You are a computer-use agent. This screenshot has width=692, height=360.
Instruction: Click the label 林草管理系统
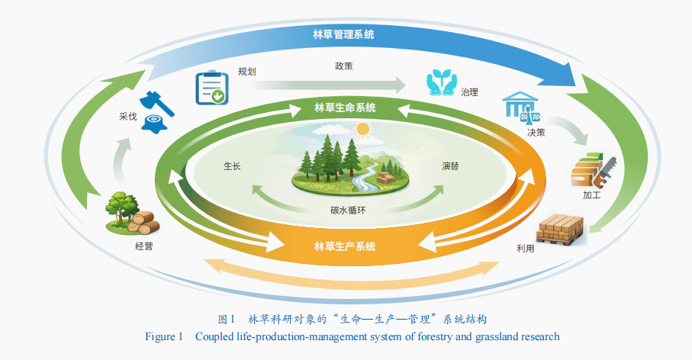pyautogui.click(x=344, y=34)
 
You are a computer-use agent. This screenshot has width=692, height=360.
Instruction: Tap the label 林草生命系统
pyautogui.click(x=345, y=108)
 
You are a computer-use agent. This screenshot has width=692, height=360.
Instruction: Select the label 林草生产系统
pyautogui.click(x=345, y=246)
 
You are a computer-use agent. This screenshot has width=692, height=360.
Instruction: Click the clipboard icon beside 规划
pyautogui.click(x=212, y=88)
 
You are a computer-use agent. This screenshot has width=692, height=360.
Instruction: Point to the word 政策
pyautogui.click(x=344, y=66)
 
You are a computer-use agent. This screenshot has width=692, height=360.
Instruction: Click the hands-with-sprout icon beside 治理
pyautogui.click(x=441, y=82)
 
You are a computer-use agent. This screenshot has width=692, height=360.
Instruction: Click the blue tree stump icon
pyautogui.click(x=154, y=123)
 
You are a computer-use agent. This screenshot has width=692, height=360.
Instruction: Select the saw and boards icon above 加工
pyautogui.click(x=593, y=170)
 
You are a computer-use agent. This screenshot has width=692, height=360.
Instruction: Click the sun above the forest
pyautogui.click(x=362, y=129)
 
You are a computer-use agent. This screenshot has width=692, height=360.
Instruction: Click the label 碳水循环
pyautogui.click(x=348, y=210)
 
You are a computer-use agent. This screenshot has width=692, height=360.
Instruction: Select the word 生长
pyautogui.click(x=232, y=166)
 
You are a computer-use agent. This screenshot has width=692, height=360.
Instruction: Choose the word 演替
pyautogui.click(x=451, y=166)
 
